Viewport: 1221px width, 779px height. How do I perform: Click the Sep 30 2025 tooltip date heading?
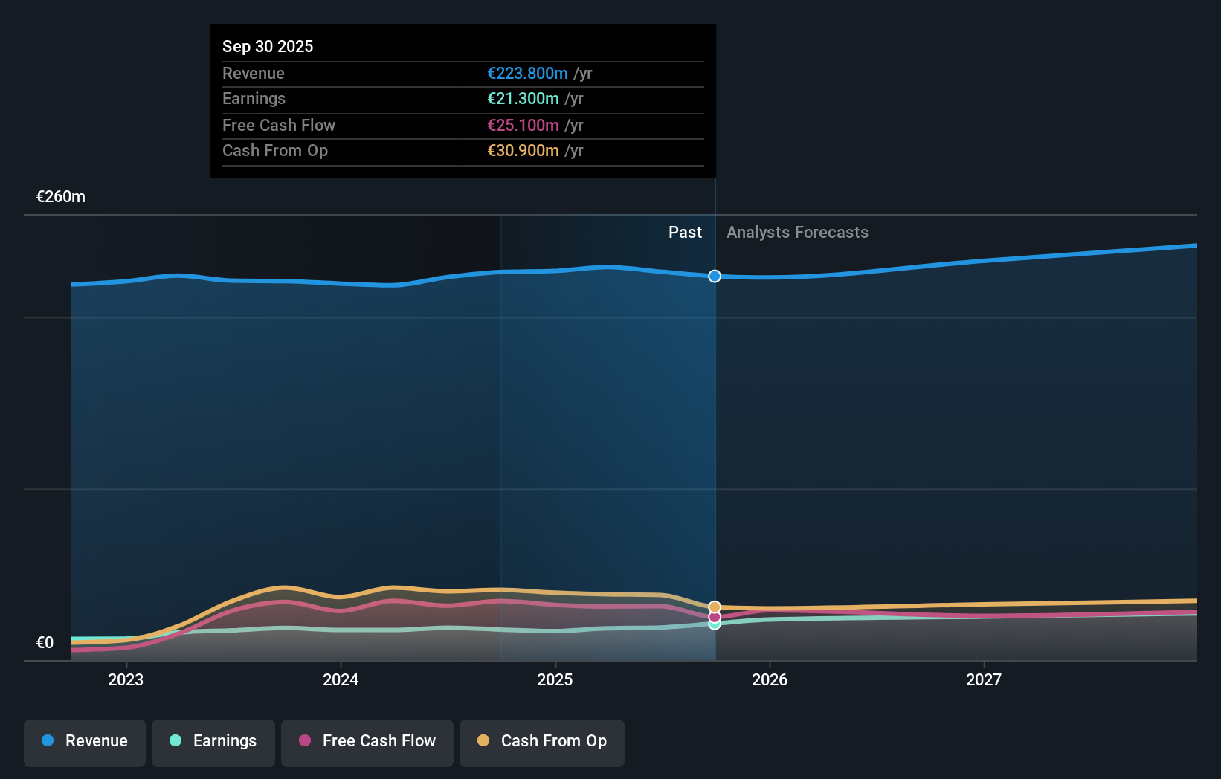click(268, 46)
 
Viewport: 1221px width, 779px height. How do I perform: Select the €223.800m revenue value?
click(527, 73)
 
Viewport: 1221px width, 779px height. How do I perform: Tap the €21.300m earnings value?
click(523, 98)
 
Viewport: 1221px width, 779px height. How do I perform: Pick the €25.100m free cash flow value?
click(523, 125)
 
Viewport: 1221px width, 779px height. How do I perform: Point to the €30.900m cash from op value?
click(523, 150)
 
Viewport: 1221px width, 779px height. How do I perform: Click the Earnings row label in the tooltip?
click(254, 98)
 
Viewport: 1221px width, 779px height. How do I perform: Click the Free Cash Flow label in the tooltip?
click(279, 125)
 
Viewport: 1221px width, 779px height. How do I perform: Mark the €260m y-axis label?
click(61, 197)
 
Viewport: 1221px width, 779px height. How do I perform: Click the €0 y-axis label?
click(45, 643)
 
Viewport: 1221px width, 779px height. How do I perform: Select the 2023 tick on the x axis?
click(126, 679)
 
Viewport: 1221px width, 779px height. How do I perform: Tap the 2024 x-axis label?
click(341, 679)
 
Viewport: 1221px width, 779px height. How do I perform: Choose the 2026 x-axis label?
click(770, 679)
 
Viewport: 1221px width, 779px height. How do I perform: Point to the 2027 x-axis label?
click(984, 679)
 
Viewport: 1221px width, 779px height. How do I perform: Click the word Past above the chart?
click(685, 233)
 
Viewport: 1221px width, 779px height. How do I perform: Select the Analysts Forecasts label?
click(797, 233)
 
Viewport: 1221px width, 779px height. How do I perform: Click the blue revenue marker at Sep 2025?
click(715, 277)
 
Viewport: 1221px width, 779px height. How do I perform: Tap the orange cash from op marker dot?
click(715, 607)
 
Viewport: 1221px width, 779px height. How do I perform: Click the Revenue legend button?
click(85, 741)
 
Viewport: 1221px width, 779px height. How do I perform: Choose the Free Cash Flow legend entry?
click(367, 741)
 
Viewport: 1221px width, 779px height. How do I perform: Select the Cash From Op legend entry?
click(542, 741)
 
